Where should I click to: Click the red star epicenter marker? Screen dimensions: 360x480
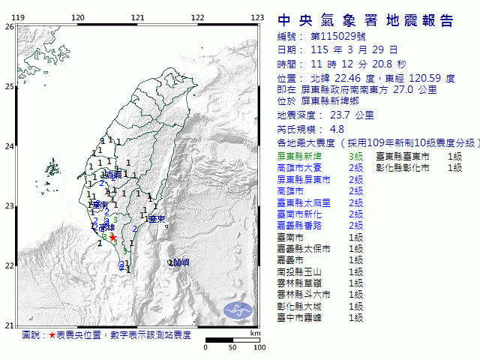(x=112, y=238)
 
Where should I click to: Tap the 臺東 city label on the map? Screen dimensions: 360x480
(x=156, y=219)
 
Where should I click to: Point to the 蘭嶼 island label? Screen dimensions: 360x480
(x=180, y=262)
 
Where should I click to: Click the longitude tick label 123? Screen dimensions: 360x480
(x=256, y=17)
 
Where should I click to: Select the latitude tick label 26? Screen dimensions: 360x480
(x=8, y=26)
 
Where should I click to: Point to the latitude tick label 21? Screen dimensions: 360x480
(x=8, y=325)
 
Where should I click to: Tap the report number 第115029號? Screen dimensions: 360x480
(x=332, y=36)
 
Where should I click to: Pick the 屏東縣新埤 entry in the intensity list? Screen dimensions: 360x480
(x=301, y=156)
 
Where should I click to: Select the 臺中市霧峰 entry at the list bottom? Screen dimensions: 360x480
(x=301, y=318)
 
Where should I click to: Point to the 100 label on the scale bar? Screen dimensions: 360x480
(x=259, y=348)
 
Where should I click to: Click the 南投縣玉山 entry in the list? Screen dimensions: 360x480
(x=301, y=271)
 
